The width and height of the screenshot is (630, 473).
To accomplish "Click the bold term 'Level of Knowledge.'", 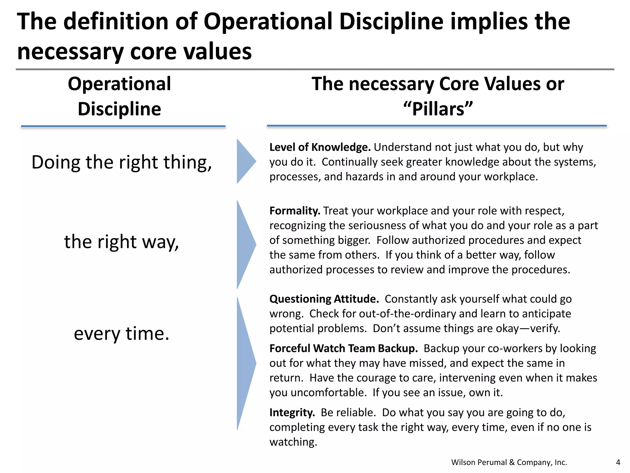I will (x=320, y=147).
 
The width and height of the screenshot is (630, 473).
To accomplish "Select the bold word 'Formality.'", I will (x=295, y=211).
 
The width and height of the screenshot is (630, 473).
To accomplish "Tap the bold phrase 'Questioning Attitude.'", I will (x=324, y=299).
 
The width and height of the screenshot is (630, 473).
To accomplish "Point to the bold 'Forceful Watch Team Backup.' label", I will (x=343, y=348).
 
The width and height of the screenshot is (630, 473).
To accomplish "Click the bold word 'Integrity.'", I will (x=292, y=412).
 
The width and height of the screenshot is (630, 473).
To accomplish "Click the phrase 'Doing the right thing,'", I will (x=122, y=162).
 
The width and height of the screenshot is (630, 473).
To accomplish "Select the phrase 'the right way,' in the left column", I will (x=122, y=242).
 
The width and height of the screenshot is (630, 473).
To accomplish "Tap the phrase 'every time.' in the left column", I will (x=122, y=334).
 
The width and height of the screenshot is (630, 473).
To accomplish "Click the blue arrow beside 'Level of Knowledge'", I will (x=245, y=161).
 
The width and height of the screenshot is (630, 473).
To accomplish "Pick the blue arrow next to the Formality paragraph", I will (x=245, y=244).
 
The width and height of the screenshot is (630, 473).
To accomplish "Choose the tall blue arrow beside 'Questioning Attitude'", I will (x=245, y=363).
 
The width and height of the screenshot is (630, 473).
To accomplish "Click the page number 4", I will (x=618, y=462).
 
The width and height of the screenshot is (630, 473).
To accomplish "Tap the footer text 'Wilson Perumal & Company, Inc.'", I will (x=509, y=462).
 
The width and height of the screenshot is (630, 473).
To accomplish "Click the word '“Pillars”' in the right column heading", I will (x=438, y=109).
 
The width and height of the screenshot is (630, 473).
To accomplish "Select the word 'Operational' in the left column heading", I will (x=119, y=84).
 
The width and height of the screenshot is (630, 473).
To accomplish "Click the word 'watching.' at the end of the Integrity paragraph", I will (x=293, y=442).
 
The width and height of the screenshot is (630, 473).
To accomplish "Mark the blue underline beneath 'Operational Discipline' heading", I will (x=123, y=126).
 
